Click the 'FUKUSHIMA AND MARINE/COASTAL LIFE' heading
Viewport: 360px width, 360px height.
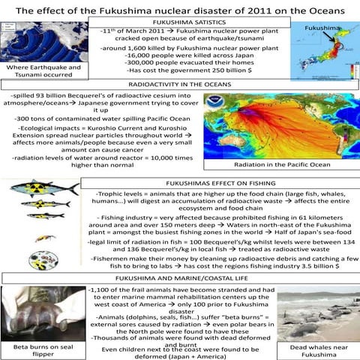pyautogui.click(x=180, y=278)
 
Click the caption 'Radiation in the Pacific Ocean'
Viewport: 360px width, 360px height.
pyautogui.click(x=281, y=164)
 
